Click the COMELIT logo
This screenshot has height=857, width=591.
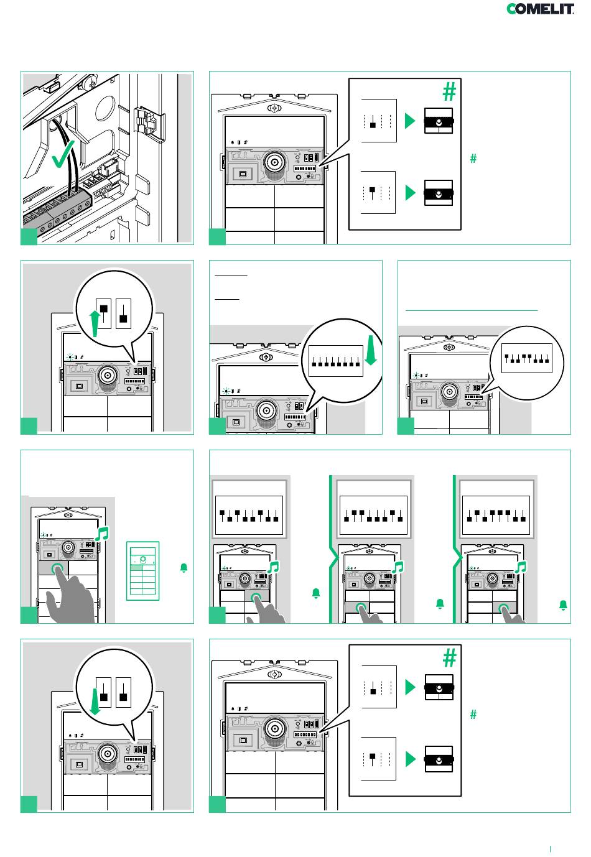(540, 9)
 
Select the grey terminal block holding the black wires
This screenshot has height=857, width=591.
(60, 209)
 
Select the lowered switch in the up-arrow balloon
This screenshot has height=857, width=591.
(123, 318)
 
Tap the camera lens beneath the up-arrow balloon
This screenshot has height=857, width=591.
(109, 376)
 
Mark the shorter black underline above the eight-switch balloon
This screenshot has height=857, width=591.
(228, 299)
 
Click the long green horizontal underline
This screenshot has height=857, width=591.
(472, 310)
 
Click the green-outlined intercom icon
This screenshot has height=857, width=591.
(143, 571)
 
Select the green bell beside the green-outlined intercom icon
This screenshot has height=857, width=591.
(184, 568)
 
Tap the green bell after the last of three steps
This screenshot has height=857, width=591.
(564, 605)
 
